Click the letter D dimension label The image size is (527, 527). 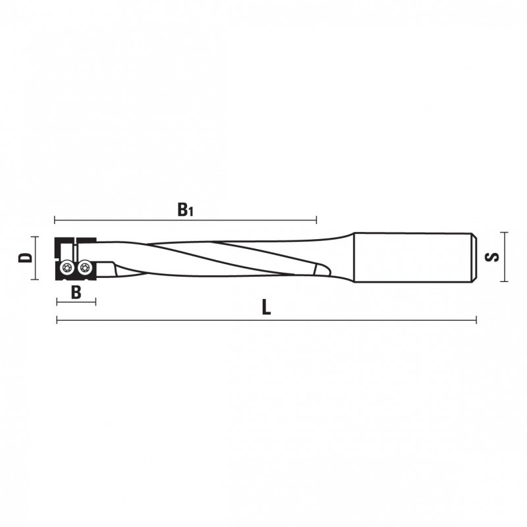click(x=25, y=258)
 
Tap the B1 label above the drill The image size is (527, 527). click(x=185, y=209)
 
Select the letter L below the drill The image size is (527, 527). click(x=267, y=308)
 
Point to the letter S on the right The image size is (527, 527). click(x=492, y=257)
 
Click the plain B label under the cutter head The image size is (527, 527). click(x=76, y=292)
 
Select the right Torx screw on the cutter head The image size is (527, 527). click(x=84, y=267)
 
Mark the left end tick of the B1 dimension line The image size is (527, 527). click(x=55, y=220)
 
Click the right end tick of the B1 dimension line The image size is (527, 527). click(x=316, y=220)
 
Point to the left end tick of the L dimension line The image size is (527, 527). click(x=57, y=320)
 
